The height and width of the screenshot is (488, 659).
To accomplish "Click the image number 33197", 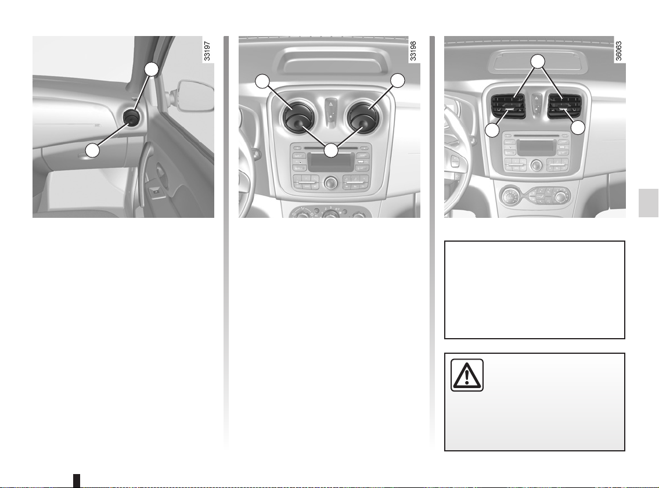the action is pyautogui.click(x=207, y=51).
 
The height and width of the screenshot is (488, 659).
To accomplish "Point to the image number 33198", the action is pyautogui.click(x=413, y=51).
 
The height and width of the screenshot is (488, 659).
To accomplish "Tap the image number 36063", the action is pyautogui.click(x=619, y=51).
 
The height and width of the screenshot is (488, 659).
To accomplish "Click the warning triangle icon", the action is pyautogui.click(x=467, y=375).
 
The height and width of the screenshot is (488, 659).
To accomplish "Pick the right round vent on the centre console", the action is pyautogui.click(x=363, y=116).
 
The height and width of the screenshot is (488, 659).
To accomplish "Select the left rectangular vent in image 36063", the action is pyautogui.click(x=508, y=106).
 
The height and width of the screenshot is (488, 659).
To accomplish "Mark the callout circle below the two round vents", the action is pyautogui.click(x=331, y=150).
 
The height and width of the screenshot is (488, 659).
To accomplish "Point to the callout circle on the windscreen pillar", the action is pyautogui.click(x=152, y=69).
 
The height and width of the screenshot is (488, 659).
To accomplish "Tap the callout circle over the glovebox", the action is pyautogui.click(x=92, y=150).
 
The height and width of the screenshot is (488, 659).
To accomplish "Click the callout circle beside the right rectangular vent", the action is pyautogui.click(x=578, y=128).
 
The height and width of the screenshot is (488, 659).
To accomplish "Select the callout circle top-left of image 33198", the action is pyautogui.click(x=262, y=81).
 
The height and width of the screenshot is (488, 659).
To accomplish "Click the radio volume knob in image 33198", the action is pyautogui.click(x=331, y=183).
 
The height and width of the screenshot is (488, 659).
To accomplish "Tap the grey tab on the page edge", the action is pyautogui.click(x=649, y=203).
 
